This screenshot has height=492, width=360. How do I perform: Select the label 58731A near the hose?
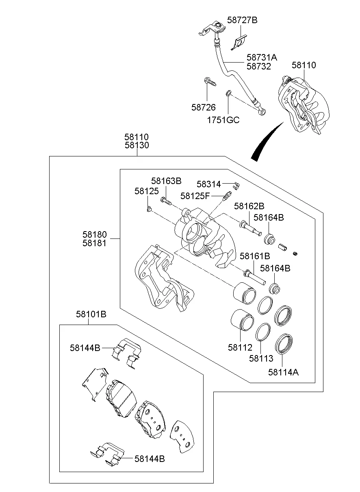coord(262,57)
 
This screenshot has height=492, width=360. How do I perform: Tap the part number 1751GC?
coord(223,120)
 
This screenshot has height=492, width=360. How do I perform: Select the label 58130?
coord(137,145)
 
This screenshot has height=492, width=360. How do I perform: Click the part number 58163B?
coord(166,181)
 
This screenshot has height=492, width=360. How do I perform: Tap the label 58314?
coord(208,184)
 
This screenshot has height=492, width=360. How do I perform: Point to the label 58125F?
coord(195,196)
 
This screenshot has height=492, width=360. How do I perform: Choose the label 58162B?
coord(249,206)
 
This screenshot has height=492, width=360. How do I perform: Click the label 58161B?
coord(255,256)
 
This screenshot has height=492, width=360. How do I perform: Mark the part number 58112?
coord(240,347)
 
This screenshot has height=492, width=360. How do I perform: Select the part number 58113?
coord(261,358)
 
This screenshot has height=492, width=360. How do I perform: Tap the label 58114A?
coord(283,371)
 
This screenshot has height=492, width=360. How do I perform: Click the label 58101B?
coord(91,314)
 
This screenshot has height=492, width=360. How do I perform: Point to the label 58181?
coord(94,243)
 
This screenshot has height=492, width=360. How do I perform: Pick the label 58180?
coord(94,234)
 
